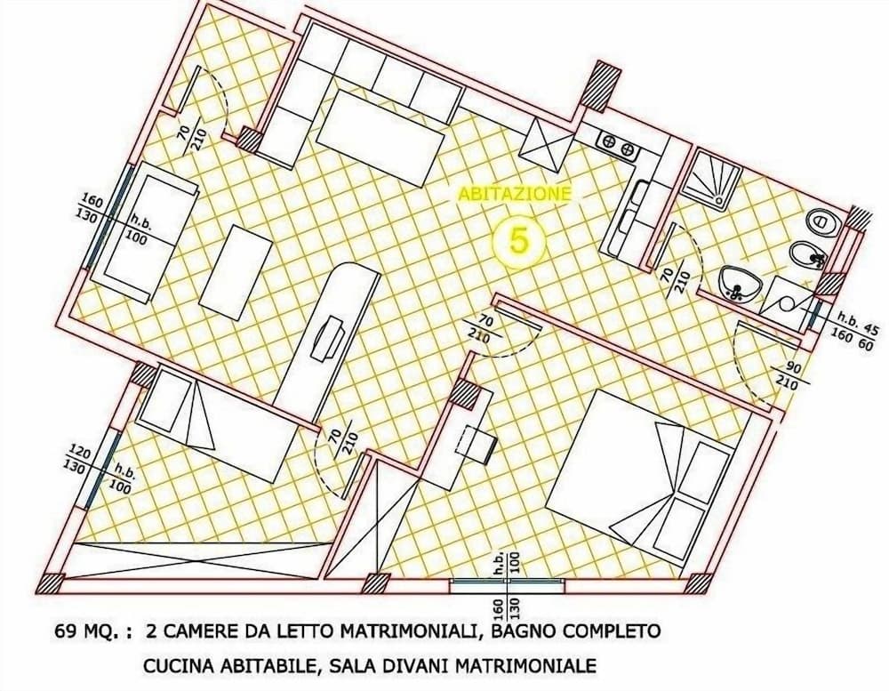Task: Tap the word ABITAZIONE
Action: pos(515,193)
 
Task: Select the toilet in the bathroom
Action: pos(820,221)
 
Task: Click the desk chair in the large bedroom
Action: pos(481,441)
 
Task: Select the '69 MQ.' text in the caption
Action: pos(81,633)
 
